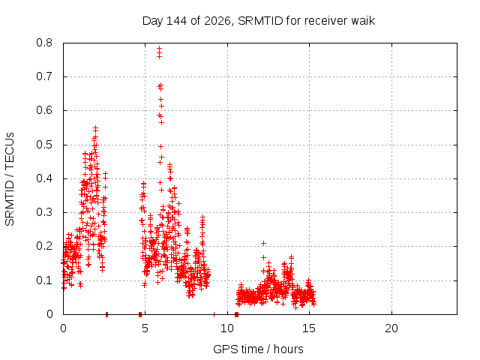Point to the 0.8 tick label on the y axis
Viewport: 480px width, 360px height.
(x=44, y=43)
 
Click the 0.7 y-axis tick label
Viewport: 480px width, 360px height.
(x=44, y=76)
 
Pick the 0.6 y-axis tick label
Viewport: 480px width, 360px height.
(x=44, y=110)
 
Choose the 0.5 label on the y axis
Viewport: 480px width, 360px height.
(x=44, y=145)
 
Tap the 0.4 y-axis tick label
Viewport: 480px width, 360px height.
(x=44, y=178)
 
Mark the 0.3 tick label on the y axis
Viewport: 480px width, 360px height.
(x=44, y=212)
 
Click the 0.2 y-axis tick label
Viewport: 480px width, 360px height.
(x=44, y=246)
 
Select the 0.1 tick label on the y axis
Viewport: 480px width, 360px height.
(x=44, y=280)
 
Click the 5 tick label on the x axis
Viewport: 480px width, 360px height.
(x=145, y=328)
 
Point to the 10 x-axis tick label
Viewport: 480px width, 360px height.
(x=227, y=328)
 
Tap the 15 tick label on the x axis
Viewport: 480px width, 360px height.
(x=309, y=328)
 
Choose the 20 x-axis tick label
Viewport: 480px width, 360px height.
(x=391, y=328)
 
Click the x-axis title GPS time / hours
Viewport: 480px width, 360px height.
(x=258, y=349)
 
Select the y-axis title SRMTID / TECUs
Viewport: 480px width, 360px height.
(x=10, y=179)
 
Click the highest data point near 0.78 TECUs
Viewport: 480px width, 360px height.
(x=159, y=48)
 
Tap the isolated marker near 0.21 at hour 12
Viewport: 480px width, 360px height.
(x=263, y=243)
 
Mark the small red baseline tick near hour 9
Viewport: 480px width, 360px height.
(x=214, y=314)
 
